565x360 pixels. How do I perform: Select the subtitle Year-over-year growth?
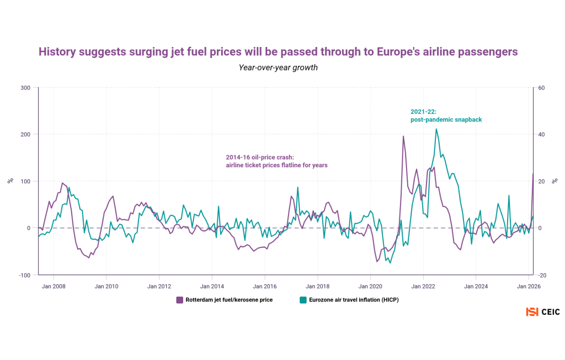pyautogui.click(x=278, y=67)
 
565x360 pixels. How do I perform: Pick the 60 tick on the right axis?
pyautogui.click(x=541, y=88)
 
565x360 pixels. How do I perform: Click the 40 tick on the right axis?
pyautogui.click(x=541, y=134)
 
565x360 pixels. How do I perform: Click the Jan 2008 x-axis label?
pyautogui.click(x=54, y=286)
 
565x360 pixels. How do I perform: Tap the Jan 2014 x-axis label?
pyautogui.click(x=212, y=286)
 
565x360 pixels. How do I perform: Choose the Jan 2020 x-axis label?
pyautogui.click(x=370, y=286)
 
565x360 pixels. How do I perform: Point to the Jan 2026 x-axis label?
pyautogui.click(x=529, y=286)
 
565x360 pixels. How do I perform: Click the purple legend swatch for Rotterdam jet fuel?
pyautogui.click(x=179, y=300)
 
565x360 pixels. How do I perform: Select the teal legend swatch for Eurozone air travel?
pyautogui.click(x=303, y=300)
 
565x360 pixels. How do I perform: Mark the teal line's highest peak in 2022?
pyautogui.click(x=436, y=129)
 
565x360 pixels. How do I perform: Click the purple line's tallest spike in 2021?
pyautogui.click(x=403, y=136)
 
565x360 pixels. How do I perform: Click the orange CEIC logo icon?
pyautogui.click(x=532, y=312)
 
